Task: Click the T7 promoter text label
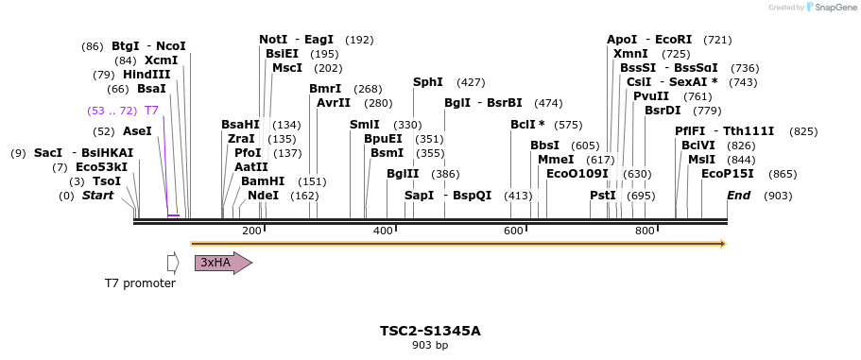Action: [x=140, y=283]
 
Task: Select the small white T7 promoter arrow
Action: [x=173, y=263]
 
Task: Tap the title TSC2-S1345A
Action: [x=430, y=331]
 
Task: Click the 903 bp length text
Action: [x=430, y=346]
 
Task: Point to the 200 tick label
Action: [x=251, y=231]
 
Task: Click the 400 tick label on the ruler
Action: [x=383, y=231]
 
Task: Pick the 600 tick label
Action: [x=513, y=231]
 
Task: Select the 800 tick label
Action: [x=645, y=231]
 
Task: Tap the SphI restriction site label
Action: [x=428, y=82]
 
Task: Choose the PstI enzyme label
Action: [x=603, y=196]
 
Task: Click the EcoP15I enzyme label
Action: [x=728, y=174]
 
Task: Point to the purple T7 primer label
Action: [x=151, y=111]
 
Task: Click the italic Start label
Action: [x=97, y=196]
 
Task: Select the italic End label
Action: [x=739, y=196]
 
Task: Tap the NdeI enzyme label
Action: [x=263, y=196]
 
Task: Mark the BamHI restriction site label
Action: [x=263, y=181]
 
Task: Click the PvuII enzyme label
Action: [x=651, y=96]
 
